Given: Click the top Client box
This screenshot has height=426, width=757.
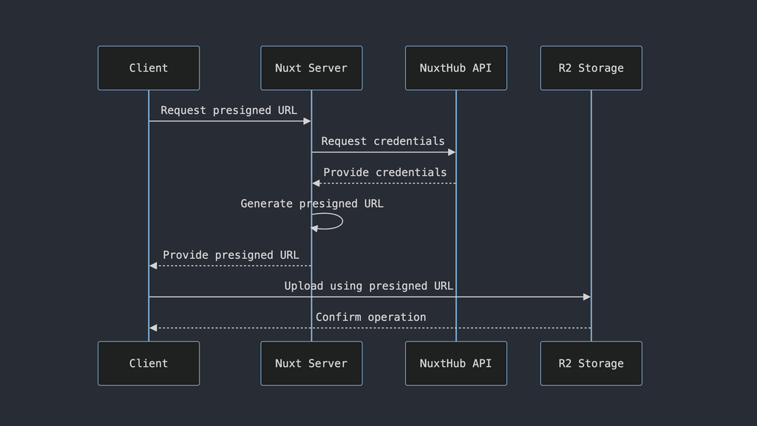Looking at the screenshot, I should pos(149,68).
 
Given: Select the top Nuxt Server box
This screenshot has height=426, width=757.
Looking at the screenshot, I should pos(311,68).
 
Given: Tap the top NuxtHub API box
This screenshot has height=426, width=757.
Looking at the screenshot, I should pos(455,68).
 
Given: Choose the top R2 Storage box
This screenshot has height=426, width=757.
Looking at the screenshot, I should pos(591,68).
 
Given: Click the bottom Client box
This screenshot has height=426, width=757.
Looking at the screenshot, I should pos(149,363).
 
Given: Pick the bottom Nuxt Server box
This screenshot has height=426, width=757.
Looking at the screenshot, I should pos(311,363).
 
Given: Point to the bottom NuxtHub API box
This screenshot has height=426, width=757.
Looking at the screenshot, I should pos(455,363).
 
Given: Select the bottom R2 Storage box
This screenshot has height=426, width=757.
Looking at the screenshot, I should pos(591,363).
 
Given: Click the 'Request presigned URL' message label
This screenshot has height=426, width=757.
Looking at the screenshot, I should pos(228,110).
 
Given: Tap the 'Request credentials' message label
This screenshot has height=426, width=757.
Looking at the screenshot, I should pos(383,141).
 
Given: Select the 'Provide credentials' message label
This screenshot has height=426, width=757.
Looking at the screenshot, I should pos(384,172).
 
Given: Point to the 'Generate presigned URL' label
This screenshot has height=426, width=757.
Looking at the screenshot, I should pos(312,203).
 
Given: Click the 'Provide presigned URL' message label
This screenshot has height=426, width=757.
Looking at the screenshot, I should pos(231,255).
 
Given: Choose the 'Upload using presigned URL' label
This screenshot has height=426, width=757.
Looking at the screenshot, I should pos(369,286).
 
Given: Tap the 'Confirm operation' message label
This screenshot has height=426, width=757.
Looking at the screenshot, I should pos(370,317).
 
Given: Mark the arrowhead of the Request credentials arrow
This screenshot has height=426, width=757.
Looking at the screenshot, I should pos(452,152).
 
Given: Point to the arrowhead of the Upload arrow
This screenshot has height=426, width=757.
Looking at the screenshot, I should pos(587,297).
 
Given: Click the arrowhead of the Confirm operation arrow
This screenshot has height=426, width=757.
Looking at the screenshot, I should pos(153,328).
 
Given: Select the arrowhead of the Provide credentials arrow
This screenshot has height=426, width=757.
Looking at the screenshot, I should pos(316,183).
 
